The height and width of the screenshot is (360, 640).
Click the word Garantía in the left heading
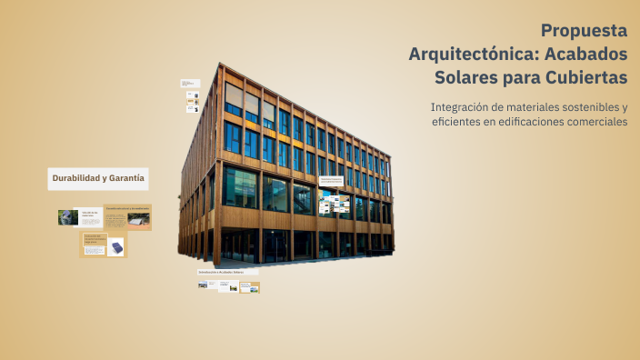click(126, 178)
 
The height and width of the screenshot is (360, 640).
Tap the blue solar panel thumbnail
click(115, 246)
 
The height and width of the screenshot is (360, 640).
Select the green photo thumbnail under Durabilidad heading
click(67, 217)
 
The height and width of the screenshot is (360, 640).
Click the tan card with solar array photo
click(127, 217)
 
